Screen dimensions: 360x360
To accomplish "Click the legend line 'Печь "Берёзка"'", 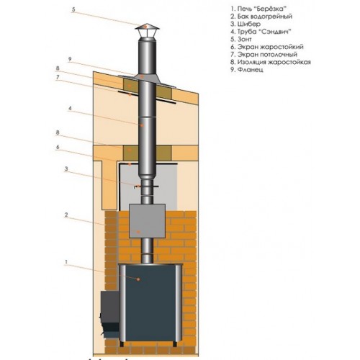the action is click(x=258, y=9).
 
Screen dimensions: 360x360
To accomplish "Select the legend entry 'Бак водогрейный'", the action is click(x=261, y=17).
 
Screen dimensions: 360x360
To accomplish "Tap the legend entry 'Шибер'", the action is click(x=246, y=24).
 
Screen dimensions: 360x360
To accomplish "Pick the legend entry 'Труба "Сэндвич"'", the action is click(x=261, y=32).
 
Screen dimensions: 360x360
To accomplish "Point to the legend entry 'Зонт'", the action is click(x=241, y=39).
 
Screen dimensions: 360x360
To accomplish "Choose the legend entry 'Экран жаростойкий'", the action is click(x=267, y=47).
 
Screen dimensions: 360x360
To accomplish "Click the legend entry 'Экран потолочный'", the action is click(x=264, y=55).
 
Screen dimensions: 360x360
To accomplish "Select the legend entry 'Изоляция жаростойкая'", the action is click(x=271, y=62).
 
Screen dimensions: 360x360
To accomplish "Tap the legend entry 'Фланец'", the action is click(x=247, y=70).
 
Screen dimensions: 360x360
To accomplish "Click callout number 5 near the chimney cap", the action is click(x=73, y=9).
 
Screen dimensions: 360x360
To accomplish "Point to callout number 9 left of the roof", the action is click(x=70, y=59).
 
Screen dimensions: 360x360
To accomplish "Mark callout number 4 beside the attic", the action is click(x=70, y=108).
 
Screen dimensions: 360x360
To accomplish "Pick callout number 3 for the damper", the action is click(x=66, y=169).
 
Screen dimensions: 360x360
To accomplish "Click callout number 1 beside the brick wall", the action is click(x=66, y=262).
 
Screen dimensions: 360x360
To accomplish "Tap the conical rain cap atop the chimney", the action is click(x=147, y=27).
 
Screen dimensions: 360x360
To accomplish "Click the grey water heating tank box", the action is click(x=147, y=221).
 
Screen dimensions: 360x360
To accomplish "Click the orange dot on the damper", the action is click(x=138, y=186).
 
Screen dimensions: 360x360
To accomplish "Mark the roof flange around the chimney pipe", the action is click(x=147, y=81).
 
